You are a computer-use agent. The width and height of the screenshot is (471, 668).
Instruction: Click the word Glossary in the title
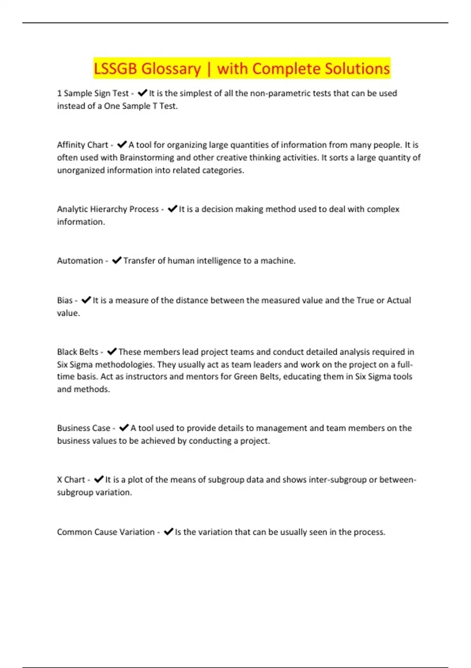[171, 69]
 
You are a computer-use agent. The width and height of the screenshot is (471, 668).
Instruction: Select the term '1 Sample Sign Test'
[93, 94]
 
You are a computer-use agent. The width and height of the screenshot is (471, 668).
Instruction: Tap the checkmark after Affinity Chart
[122, 145]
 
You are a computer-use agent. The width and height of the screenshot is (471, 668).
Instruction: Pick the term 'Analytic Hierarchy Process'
[108, 209]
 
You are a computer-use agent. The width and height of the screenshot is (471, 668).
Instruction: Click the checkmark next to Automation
[117, 261]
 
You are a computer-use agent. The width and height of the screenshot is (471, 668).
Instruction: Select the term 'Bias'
[65, 300]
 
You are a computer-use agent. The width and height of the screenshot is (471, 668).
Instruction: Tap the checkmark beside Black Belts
[112, 352]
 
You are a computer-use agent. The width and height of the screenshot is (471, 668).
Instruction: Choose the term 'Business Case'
[84, 428]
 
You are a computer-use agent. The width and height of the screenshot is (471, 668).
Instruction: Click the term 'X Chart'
[71, 480]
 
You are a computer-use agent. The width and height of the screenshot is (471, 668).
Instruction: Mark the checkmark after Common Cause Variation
[168, 532]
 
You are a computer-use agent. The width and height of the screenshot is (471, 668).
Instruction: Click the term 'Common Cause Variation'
[106, 532]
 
